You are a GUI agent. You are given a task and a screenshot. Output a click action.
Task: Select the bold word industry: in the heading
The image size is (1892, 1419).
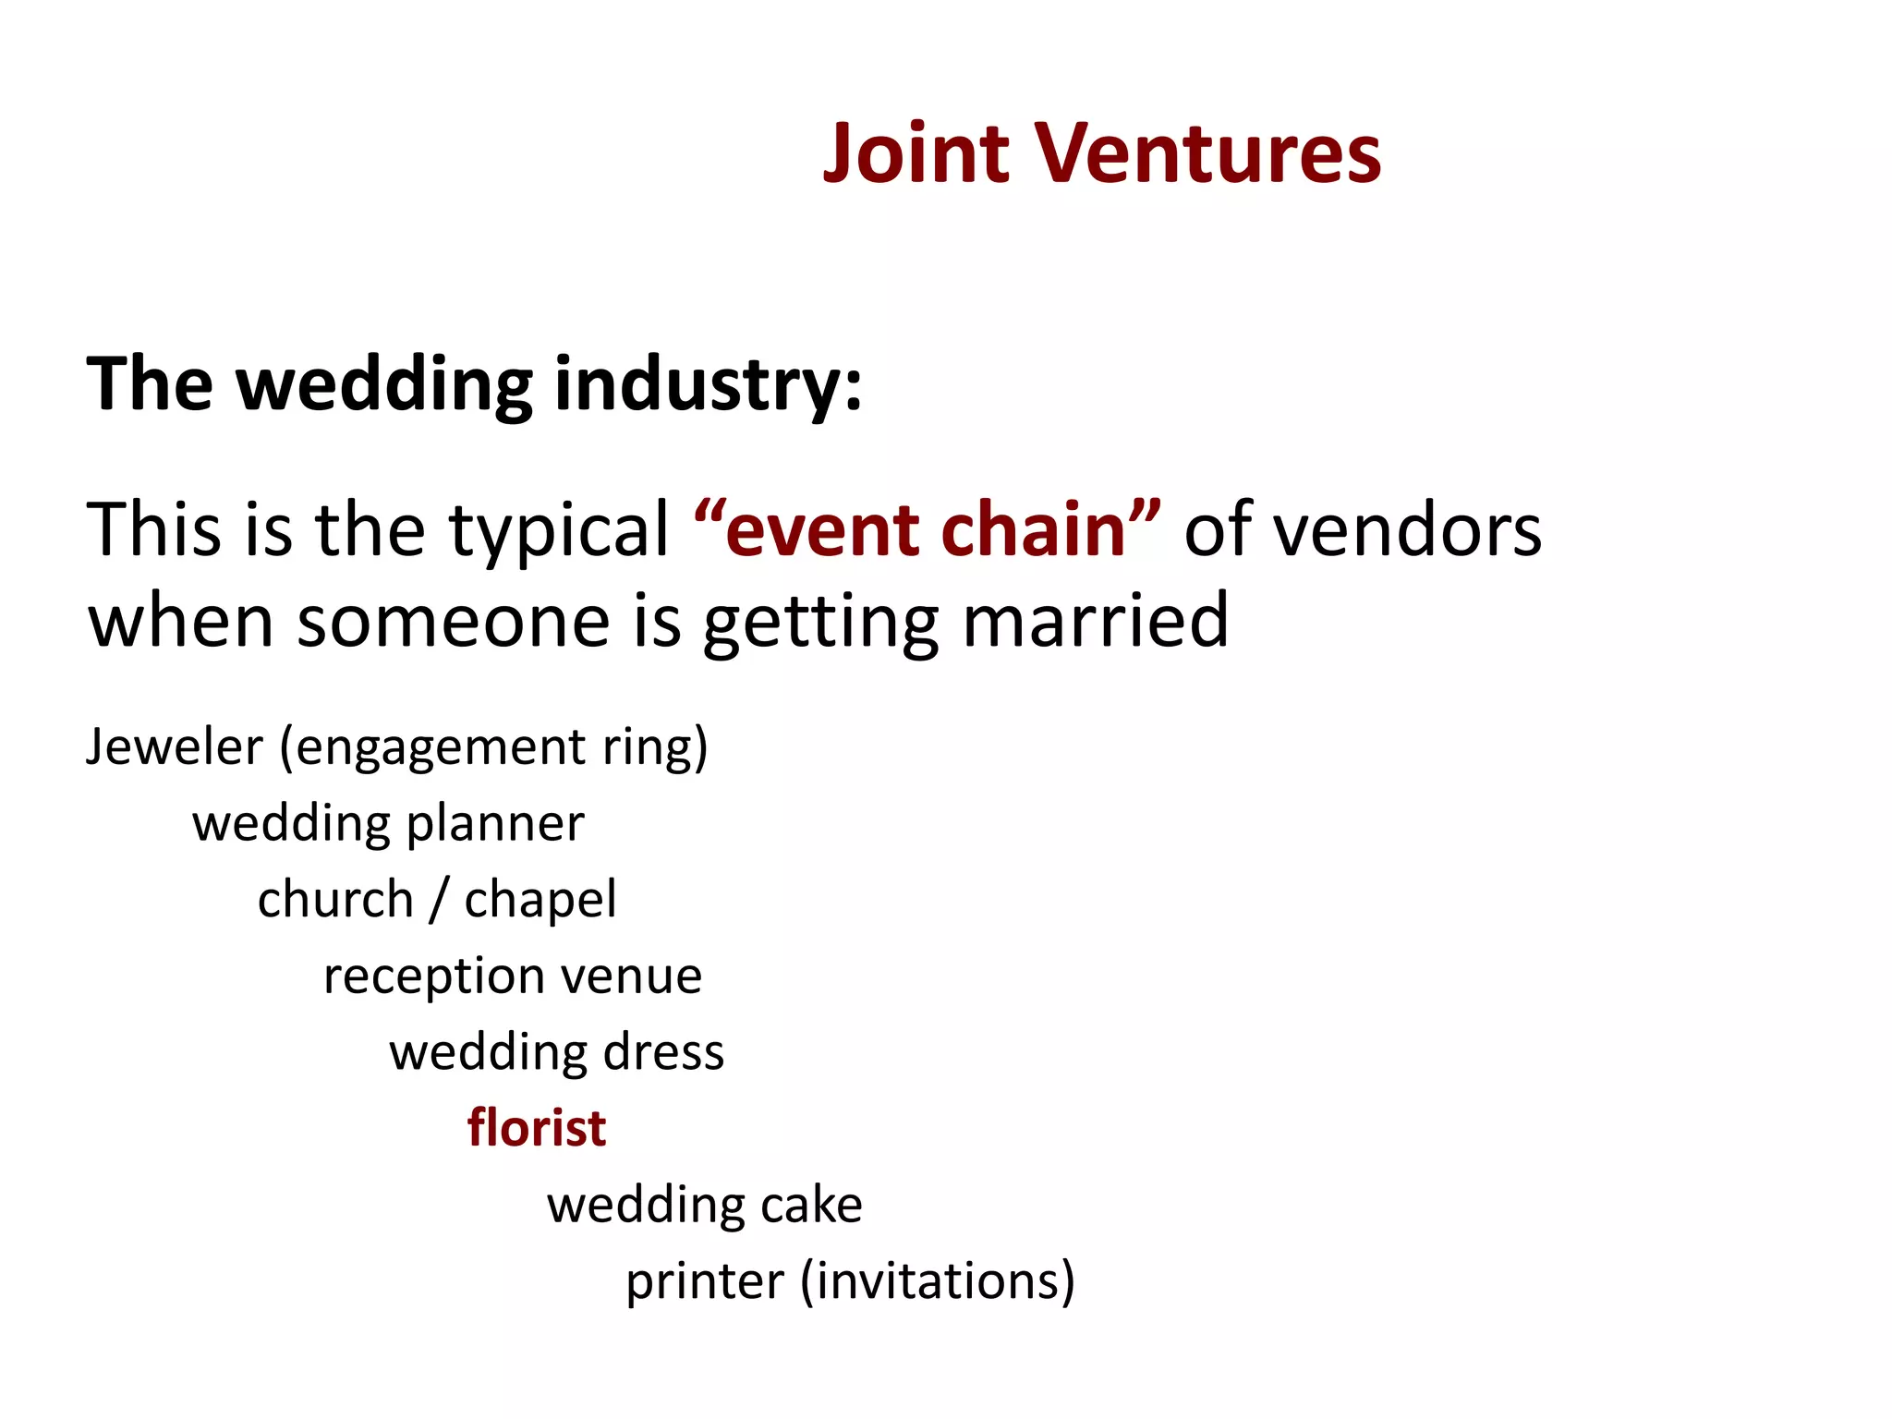click(708, 383)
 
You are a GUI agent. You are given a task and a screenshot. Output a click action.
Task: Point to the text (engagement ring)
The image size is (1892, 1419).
click(494, 747)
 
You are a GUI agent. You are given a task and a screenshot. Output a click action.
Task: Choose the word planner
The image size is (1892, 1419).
click(495, 824)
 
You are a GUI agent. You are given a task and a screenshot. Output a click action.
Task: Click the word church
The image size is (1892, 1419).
click(335, 899)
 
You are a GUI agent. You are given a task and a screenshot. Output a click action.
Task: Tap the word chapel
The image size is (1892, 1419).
click(540, 899)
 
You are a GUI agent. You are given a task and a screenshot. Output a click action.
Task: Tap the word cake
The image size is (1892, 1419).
click(812, 1205)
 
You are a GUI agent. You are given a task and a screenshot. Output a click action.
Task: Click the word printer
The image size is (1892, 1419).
click(705, 1281)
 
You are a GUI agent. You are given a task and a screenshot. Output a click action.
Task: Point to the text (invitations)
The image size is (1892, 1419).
click(938, 1281)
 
